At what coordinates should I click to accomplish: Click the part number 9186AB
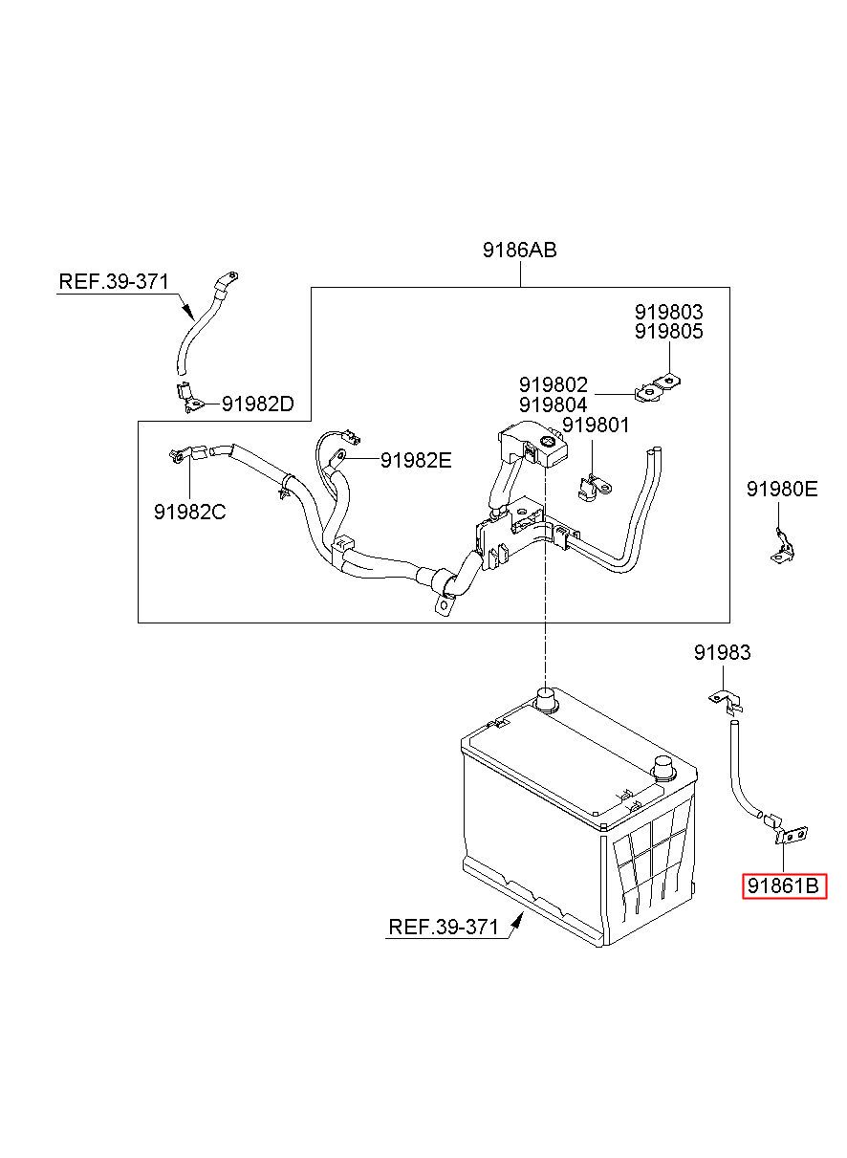click(x=519, y=250)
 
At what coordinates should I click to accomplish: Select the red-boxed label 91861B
click(x=784, y=886)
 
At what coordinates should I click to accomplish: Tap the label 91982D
click(x=257, y=404)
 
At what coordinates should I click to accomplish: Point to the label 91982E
click(x=416, y=460)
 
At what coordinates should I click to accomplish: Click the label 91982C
click(x=189, y=512)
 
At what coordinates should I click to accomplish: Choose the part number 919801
click(x=596, y=425)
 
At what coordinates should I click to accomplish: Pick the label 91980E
click(x=782, y=489)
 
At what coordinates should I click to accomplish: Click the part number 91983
click(x=722, y=652)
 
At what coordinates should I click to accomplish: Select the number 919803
click(x=669, y=312)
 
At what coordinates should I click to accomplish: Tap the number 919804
click(x=553, y=404)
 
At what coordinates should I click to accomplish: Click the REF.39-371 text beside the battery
click(x=444, y=927)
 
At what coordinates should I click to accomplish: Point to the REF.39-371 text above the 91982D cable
click(x=114, y=281)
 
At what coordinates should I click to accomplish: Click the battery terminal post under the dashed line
click(x=546, y=700)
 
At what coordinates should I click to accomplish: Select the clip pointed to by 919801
click(x=594, y=488)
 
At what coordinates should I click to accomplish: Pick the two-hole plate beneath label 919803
click(x=657, y=389)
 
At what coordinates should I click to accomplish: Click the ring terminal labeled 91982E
click(x=338, y=456)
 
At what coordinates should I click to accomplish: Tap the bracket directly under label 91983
click(x=727, y=703)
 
